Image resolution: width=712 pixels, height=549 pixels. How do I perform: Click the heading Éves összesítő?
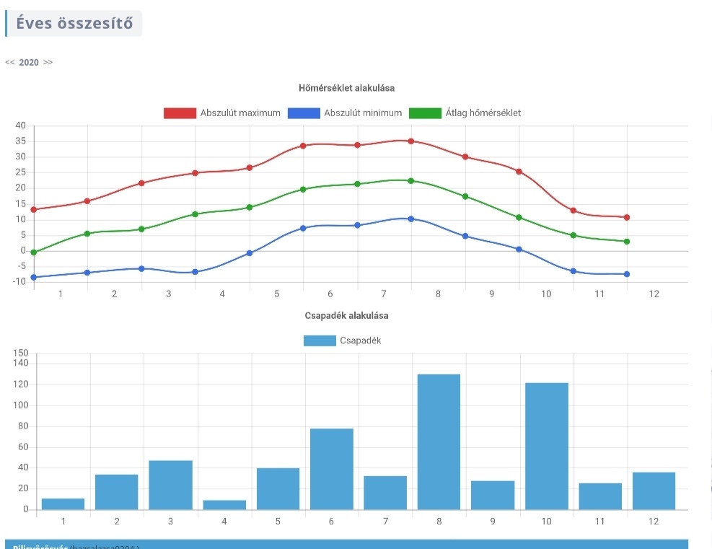pos(74,23)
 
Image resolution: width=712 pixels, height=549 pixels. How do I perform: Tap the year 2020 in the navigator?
pos(29,62)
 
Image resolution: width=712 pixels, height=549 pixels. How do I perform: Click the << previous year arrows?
pos(10,62)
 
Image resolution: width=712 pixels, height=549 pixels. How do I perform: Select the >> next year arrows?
pos(48,62)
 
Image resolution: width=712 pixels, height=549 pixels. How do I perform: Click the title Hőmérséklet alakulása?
pos(346,88)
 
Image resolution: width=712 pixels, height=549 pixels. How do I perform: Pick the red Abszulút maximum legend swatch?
pos(180,113)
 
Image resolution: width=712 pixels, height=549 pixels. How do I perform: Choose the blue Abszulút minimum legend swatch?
pos(304,113)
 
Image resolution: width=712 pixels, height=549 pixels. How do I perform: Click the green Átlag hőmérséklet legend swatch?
pos(425,113)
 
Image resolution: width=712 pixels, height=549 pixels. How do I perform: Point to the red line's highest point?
pos(411,141)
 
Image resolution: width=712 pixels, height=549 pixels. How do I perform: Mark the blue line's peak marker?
pos(411,219)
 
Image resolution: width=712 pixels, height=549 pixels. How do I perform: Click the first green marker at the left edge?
pos(34,252)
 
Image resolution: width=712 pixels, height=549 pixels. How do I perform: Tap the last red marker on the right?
pos(627,217)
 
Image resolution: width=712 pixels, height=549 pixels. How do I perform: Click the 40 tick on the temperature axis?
pos(20,126)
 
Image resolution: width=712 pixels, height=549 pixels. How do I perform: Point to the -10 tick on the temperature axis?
pos(19,282)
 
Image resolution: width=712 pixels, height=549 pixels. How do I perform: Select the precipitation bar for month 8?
pos(438,442)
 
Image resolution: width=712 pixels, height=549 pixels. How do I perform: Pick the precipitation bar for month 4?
pos(224,505)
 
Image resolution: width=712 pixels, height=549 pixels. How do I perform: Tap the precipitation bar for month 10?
pos(546,446)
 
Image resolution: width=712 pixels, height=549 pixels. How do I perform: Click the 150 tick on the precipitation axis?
pos(21,353)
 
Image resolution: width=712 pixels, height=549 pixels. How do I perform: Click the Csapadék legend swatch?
pos(320,341)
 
